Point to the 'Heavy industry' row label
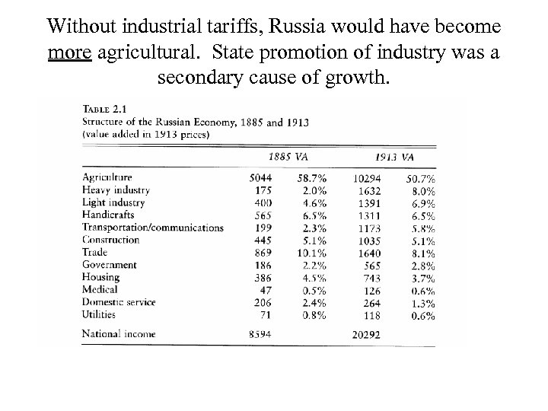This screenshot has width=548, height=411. [115, 190]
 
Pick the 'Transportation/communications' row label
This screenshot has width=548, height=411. [152, 227]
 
